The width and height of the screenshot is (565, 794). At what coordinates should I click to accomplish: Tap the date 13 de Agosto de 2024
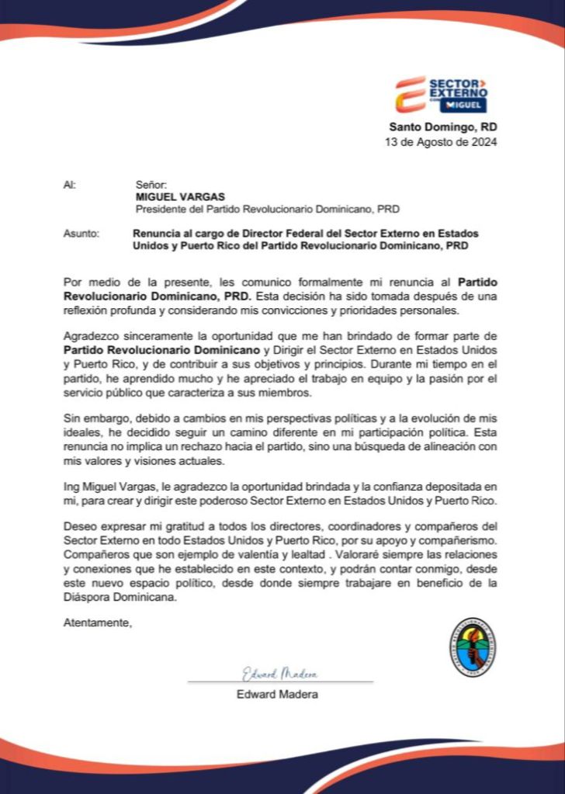click(441, 142)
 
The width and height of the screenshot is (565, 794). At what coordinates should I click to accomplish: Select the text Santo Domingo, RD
click(443, 127)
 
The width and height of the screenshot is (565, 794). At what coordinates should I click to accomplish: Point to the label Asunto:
click(81, 234)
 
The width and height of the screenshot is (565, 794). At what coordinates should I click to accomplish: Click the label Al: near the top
click(69, 185)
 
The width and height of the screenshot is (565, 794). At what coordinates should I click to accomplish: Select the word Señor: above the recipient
click(151, 185)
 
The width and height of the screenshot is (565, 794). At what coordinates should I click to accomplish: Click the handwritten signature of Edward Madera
click(279, 673)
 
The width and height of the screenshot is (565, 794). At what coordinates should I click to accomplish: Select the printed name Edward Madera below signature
click(277, 694)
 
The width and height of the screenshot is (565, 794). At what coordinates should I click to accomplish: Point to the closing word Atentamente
click(98, 622)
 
